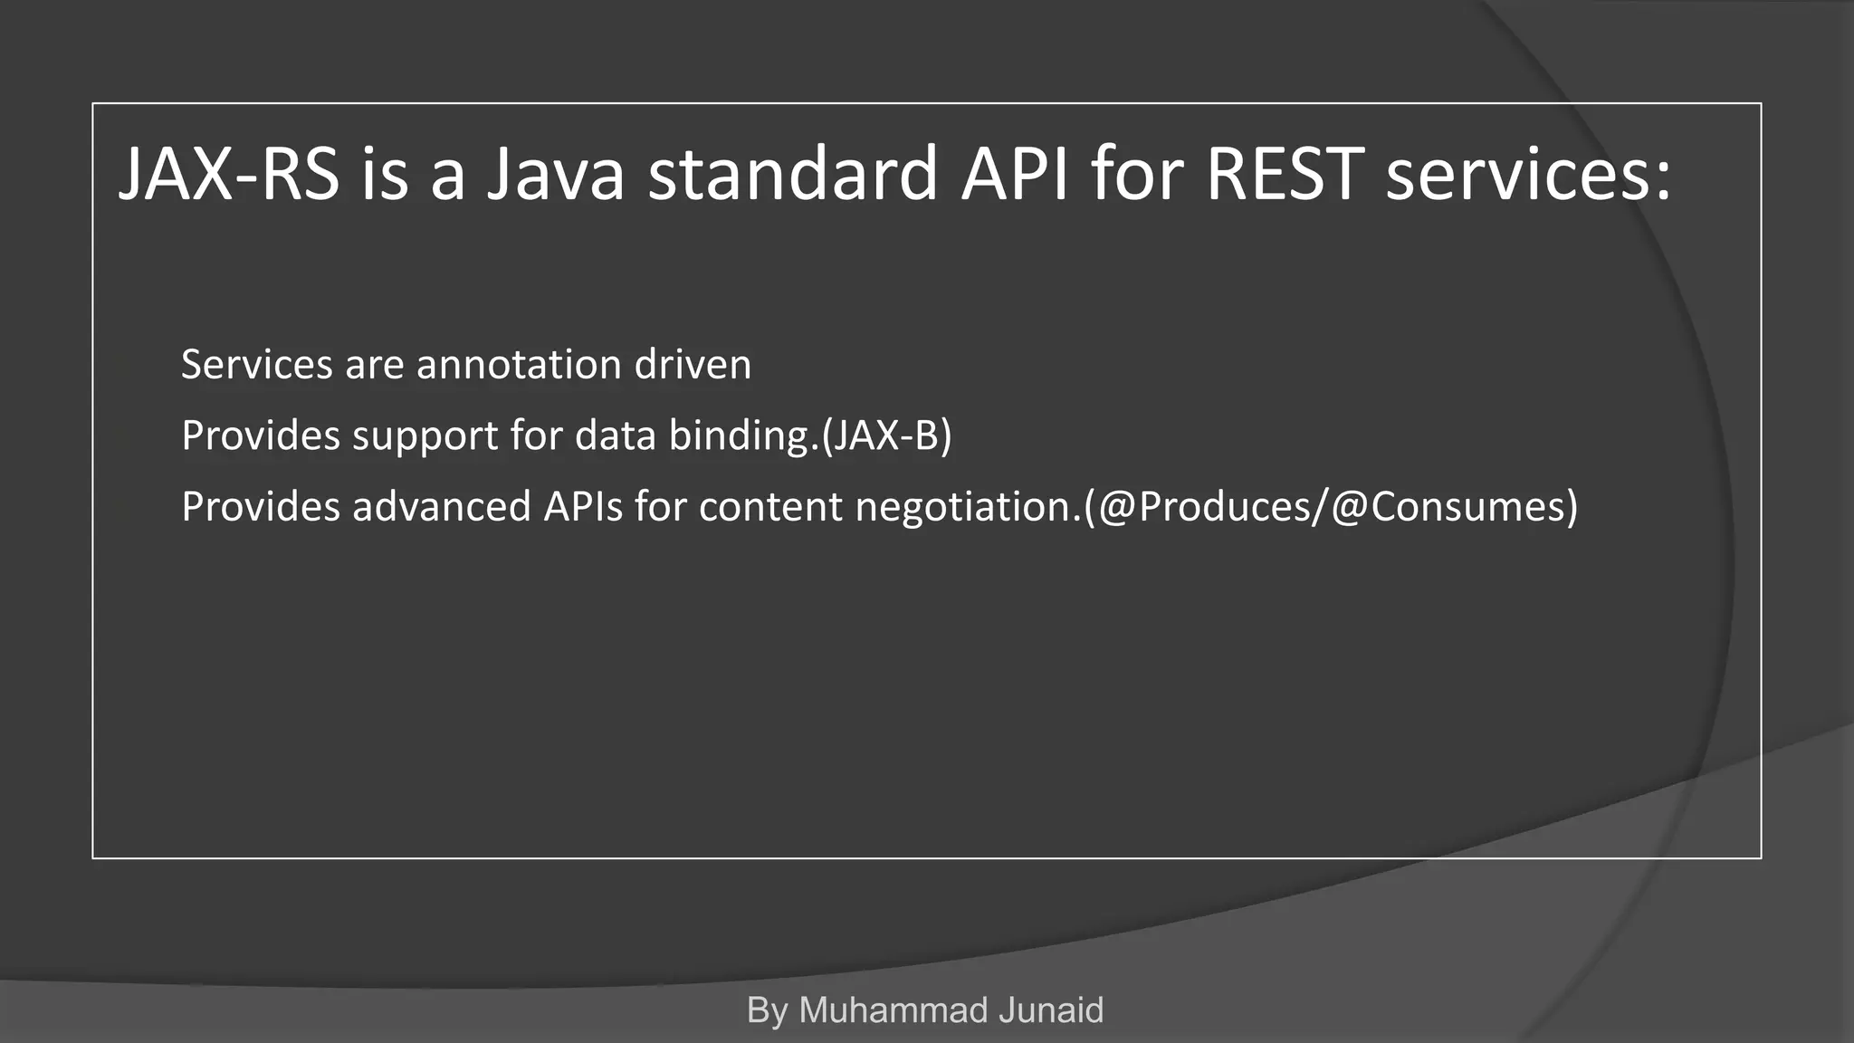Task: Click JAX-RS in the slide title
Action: tap(229, 174)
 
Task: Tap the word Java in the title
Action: tap(555, 174)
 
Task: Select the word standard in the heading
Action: tap(793, 174)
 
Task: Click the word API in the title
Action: tap(1015, 174)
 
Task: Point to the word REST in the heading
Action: tap(1285, 174)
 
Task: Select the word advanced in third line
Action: tap(441, 507)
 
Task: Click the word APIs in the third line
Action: tap(583, 507)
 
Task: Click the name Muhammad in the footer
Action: tap(880, 1010)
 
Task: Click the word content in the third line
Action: tap(770, 507)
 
